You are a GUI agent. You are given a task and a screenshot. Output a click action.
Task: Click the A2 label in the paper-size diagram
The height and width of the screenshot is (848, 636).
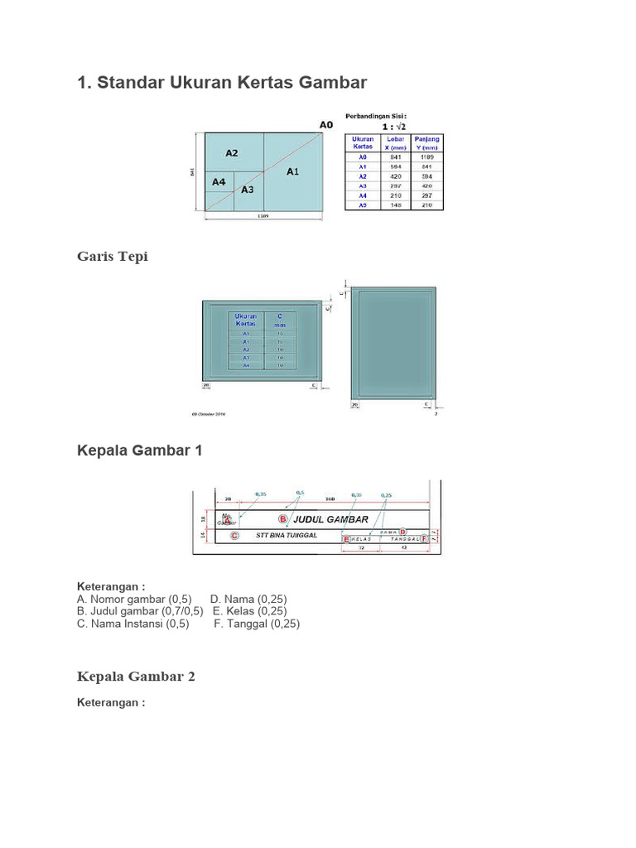point(232,153)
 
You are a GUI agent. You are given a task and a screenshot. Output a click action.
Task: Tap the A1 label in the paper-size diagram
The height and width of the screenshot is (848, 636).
point(293,172)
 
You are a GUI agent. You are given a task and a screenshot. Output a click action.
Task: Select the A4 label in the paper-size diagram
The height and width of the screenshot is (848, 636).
point(219,182)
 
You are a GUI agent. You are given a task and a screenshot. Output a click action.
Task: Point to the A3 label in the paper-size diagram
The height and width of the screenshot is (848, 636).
point(248,190)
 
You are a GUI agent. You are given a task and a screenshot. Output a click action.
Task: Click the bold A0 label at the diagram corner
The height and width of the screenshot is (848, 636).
point(326,124)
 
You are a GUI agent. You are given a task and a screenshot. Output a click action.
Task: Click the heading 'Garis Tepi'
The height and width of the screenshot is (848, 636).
point(112,257)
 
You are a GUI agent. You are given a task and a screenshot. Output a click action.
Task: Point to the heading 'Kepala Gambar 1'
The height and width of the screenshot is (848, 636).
point(139,450)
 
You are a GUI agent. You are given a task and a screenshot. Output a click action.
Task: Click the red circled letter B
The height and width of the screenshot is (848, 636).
point(282,519)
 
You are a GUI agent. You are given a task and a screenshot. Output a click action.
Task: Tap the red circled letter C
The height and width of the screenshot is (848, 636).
point(234,536)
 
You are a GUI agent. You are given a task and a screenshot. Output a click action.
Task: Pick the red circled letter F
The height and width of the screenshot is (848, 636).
point(424,538)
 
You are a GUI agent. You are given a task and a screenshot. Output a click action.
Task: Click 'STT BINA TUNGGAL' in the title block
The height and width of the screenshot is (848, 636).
point(287,535)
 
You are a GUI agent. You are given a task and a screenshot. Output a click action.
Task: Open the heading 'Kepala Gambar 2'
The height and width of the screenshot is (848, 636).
point(136,677)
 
